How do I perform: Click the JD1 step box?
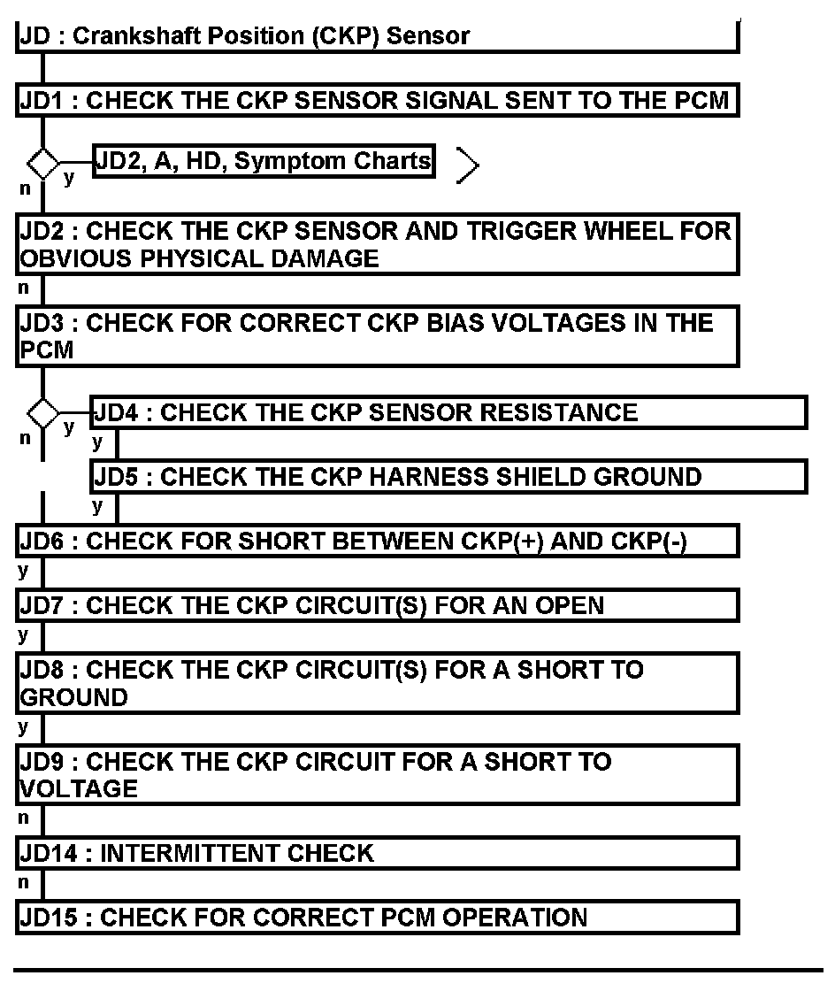point(377,101)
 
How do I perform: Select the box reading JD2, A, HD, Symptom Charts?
point(264,161)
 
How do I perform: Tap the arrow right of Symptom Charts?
point(468,165)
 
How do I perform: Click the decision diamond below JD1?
point(42,163)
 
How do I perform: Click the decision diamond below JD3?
point(42,412)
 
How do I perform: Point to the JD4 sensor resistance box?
point(448,413)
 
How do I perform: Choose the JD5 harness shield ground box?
point(448,477)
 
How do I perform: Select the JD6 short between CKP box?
point(377,542)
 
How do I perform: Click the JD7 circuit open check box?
point(377,605)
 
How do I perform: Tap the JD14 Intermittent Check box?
point(377,853)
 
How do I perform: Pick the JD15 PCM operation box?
point(377,917)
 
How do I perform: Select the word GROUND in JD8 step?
point(73,697)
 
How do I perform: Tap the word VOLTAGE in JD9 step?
point(79,789)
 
